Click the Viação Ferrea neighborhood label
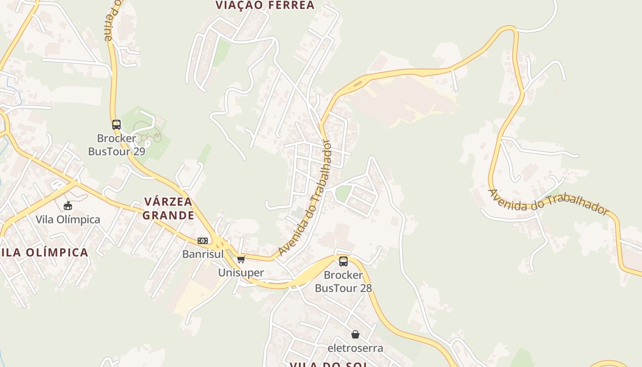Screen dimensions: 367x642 click(265, 5)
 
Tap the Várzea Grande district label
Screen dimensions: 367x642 click(169, 208)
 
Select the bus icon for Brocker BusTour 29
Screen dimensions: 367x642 click(116, 124)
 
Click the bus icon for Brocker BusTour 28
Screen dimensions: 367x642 click(343, 261)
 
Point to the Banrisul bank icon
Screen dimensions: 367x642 click(203, 240)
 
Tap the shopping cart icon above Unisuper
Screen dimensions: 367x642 click(241, 259)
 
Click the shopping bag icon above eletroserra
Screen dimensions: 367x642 click(355, 334)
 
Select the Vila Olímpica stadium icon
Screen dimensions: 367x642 click(68, 206)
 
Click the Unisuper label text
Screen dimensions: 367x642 click(241, 272)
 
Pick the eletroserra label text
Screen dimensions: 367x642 click(355, 348)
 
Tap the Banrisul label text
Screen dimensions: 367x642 click(203, 254)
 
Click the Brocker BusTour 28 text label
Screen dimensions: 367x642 click(343, 281)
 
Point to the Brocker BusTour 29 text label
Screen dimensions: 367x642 click(116, 145)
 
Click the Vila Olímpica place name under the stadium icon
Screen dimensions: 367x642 click(68, 219)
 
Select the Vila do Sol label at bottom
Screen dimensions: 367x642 click(328, 364)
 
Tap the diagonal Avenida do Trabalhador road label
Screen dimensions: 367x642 click(304, 198)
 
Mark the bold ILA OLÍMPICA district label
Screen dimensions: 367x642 click(44, 252)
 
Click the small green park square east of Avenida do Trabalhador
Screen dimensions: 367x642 click(343, 193)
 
